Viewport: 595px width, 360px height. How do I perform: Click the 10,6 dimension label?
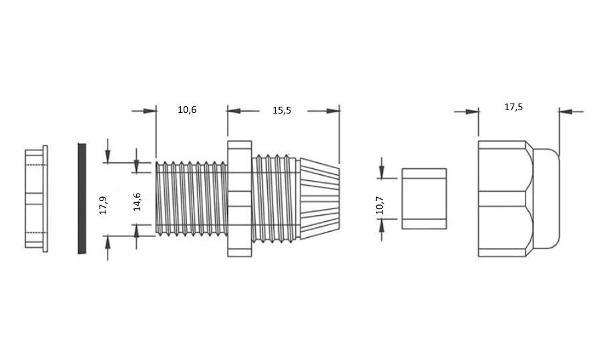pyautogui.click(x=187, y=110)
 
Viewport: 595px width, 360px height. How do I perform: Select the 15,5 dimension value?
pyautogui.click(x=282, y=110)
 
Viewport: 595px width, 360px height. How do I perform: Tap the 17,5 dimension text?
pyautogui.click(x=514, y=107)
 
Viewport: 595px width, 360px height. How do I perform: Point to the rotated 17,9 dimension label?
pyautogui.click(x=104, y=205)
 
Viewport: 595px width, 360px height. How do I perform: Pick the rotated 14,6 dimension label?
pyautogui.click(x=137, y=202)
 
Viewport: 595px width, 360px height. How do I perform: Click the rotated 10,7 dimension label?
pyautogui.click(x=380, y=205)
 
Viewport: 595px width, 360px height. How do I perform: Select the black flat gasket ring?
pyautogui.click(x=81, y=198)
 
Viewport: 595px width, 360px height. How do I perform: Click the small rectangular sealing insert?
pyautogui.click(x=424, y=199)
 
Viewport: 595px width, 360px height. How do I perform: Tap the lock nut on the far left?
pyautogui.click(x=37, y=199)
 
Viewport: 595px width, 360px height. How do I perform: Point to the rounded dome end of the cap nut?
pyautogui.click(x=546, y=199)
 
